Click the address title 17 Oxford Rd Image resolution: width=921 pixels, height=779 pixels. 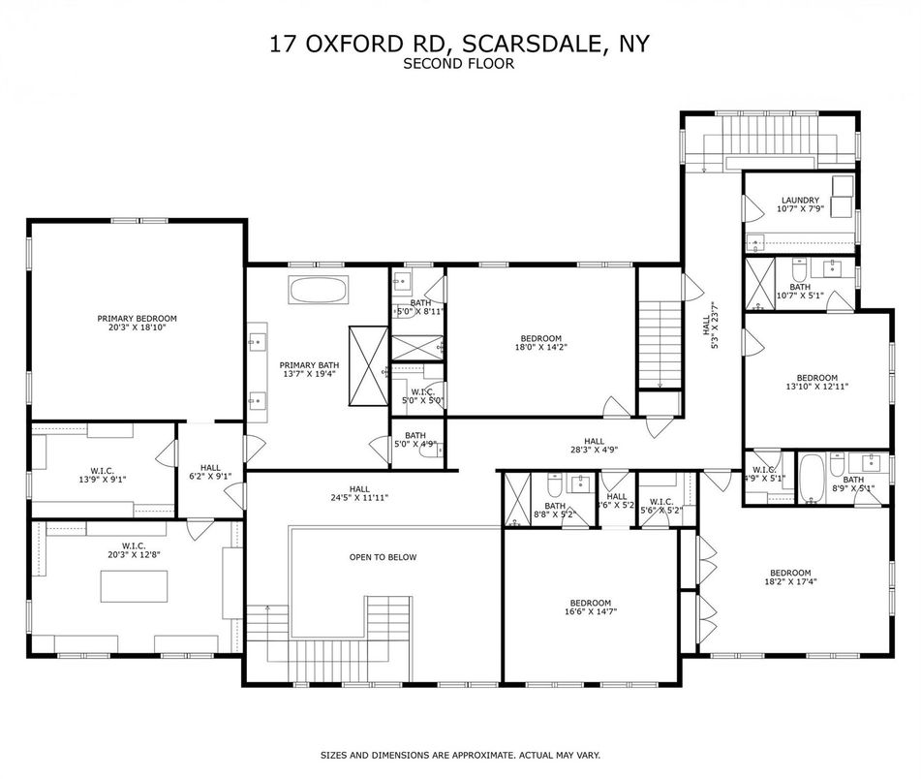(x=459, y=44)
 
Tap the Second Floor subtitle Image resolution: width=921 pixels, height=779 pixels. (x=459, y=64)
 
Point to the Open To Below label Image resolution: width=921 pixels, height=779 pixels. (x=383, y=557)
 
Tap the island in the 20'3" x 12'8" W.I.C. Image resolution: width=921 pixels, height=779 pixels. (x=135, y=587)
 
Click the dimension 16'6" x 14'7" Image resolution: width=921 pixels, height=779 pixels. (x=590, y=611)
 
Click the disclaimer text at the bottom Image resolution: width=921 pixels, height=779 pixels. (x=459, y=755)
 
